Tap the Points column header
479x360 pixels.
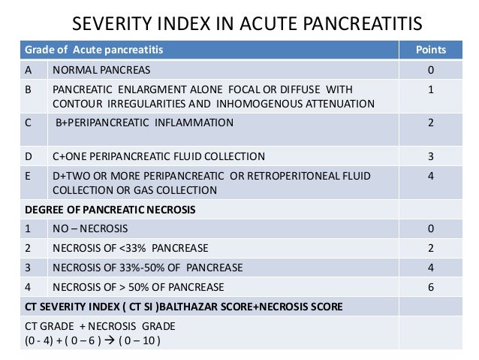[431, 50]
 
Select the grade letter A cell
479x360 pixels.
[29, 70]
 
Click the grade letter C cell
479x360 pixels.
[29, 122]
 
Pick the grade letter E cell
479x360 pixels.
[29, 175]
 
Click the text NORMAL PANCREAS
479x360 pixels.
[101, 70]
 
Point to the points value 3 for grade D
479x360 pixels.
[431, 156]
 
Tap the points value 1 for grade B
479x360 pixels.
[431, 89]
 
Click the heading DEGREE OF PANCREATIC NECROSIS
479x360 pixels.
[110, 210]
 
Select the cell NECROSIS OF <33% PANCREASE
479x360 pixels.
[130, 247]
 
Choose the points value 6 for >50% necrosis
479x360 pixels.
[431, 286]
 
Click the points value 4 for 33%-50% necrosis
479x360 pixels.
[431, 266]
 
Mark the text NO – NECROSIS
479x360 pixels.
[90, 228]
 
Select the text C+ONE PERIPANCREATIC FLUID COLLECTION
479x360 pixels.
[158, 156]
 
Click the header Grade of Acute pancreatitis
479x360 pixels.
[94, 50]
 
